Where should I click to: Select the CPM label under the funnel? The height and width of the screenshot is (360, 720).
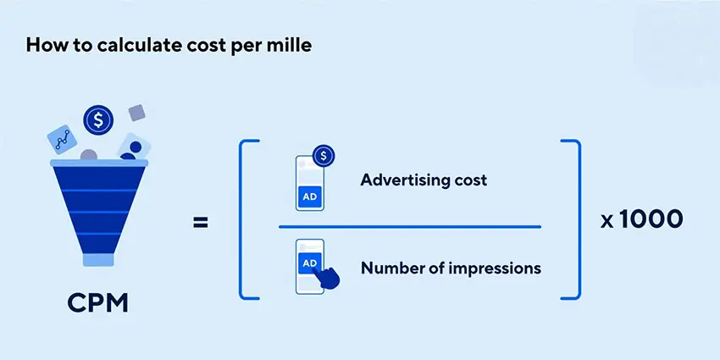[97, 303]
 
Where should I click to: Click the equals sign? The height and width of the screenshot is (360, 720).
[200, 223]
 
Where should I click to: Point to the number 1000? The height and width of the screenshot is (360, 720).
[651, 219]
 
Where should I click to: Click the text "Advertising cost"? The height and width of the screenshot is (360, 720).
[424, 180]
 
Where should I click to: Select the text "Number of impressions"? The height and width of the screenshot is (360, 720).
[451, 268]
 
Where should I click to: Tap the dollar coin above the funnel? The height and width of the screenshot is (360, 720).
[98, 119]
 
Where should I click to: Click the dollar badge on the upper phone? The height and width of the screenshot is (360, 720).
[324, 156]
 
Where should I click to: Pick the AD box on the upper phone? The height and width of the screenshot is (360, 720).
[310, 197]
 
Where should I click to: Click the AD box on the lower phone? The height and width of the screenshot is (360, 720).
[309, 263]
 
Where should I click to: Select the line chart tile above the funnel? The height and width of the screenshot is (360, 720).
[62, 139]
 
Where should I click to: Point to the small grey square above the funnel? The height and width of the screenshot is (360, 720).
[137, 113]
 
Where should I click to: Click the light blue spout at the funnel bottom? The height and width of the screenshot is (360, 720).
[98, 260]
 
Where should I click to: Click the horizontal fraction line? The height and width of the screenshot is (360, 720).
[410, 227]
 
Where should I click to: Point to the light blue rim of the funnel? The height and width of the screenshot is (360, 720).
[99, 163]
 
